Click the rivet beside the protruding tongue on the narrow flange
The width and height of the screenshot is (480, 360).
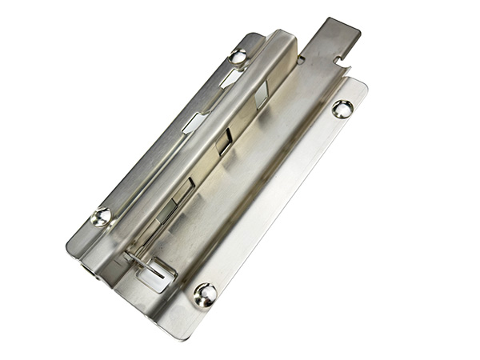click(239, 56)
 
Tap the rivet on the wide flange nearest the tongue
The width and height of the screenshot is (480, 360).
click(342, 109)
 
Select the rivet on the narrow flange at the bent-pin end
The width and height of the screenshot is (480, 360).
click(101, 216)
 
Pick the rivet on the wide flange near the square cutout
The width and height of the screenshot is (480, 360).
click(205, 294)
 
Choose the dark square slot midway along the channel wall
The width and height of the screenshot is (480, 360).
click(223, 142)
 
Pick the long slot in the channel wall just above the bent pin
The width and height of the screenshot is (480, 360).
click(181, 195)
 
